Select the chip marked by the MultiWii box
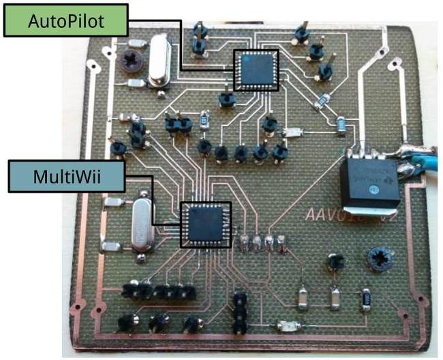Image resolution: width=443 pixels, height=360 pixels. click(205, 224)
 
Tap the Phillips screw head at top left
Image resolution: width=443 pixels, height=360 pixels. click(129, 62)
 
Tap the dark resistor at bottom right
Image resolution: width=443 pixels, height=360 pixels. click(366, 298)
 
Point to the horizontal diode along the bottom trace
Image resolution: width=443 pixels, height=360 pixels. click(287, 326)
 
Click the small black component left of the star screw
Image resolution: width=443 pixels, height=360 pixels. click(334, 260)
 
